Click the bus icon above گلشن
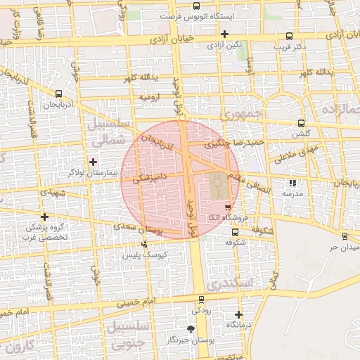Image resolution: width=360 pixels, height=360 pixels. [301, 122]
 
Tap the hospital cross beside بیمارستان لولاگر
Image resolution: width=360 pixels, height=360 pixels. [93, 162]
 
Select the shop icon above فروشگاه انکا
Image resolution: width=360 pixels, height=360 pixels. [227, 207]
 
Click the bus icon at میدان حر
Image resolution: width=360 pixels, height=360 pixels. [345, 236]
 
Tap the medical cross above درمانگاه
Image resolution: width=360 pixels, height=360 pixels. [238, 314]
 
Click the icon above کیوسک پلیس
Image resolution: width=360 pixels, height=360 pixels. [144, 245]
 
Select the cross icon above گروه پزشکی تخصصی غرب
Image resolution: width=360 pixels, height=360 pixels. [45, 217]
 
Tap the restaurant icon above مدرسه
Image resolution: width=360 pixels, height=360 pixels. [292, 183]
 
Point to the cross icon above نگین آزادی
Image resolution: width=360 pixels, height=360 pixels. [224, 34]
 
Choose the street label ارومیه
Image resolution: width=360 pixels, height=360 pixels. [150, 96]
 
